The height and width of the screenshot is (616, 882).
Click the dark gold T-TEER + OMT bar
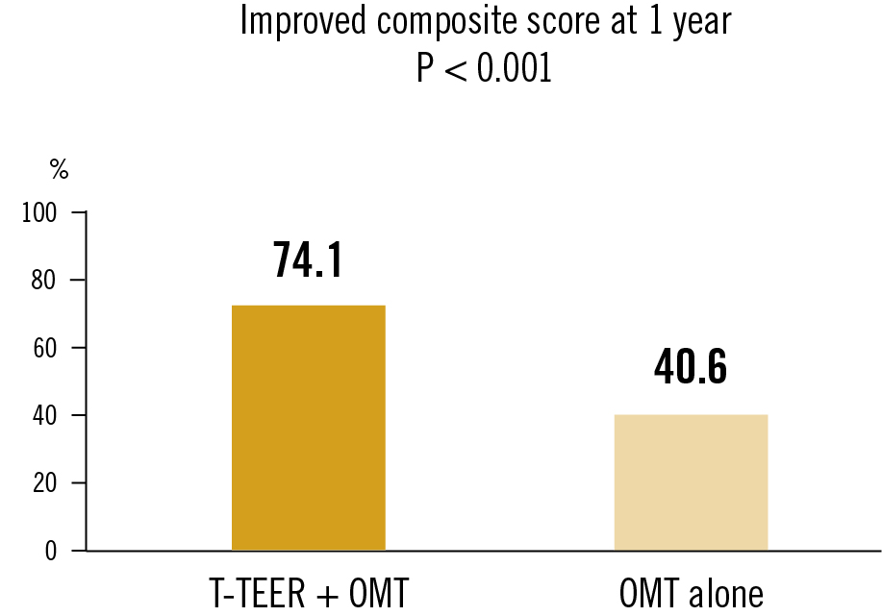point(308,428)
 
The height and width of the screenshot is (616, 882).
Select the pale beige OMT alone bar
point(691,482)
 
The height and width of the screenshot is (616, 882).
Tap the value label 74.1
point(308,259)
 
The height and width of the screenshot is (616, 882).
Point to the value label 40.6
point(691,368)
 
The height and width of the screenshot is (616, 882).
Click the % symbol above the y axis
point(60,171)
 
